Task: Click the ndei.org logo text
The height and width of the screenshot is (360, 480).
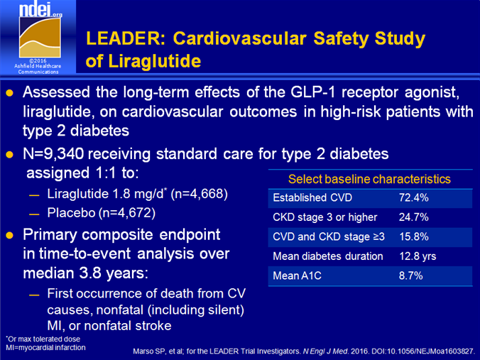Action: pyautogui.click(x=40, y=10)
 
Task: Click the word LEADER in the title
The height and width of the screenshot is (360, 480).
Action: pyautogui.click(x=126, y=38)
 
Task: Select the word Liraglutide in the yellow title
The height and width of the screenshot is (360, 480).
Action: pyautogui.click(x=155, y=61)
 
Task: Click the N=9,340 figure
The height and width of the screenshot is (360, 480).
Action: pyautogui.click(x=53, y=153)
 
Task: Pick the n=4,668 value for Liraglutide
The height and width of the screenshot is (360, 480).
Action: pyautogui.click(x=199, y=194)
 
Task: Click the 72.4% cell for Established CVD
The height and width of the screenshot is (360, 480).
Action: pyautogui.click(x=413, y=198)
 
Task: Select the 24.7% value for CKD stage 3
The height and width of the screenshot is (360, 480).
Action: pyautogui.click(x=413, y=217)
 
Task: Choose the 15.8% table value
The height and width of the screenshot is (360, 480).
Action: pyautogui.click(x=414, y=236)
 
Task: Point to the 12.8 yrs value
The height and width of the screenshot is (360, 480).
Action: pyautogui.click(x=418, y=256)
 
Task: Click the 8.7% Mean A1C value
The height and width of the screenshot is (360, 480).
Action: pyautogui.click(x=411, y=276)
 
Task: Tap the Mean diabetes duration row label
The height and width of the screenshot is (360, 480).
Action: pyautogui.click(x=328, y=256)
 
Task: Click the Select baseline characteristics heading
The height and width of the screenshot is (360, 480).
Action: pyautogui.click(x=369, y=179)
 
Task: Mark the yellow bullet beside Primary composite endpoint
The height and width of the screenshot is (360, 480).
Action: pyautogui.click(x=9, y=235)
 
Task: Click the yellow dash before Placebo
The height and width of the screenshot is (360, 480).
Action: pyautogui.click(x=34, y=214)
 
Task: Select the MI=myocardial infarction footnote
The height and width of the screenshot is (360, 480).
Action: pyautogui.click(x=45, y=348)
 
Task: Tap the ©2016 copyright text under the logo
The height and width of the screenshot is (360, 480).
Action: pyautogui.click(x=38, y=60)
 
